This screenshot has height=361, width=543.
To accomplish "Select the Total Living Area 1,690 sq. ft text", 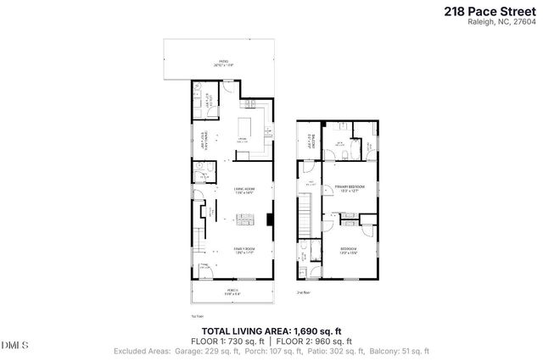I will pos(271,330).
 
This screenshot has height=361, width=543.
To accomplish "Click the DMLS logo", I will pos(15,345).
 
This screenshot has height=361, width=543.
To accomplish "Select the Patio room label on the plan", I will pos(224,62).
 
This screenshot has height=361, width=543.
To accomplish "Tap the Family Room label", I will pos(245,249).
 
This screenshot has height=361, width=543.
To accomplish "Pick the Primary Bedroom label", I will pos(349,186).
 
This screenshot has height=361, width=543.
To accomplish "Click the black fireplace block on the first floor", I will pos(269,218).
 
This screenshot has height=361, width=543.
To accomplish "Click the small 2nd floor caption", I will pos(302,292).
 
